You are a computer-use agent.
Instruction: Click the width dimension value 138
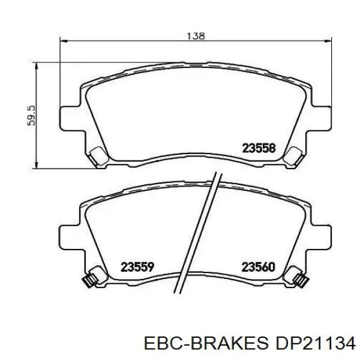[196, 36]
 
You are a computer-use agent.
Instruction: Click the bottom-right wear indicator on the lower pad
[299, 279]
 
